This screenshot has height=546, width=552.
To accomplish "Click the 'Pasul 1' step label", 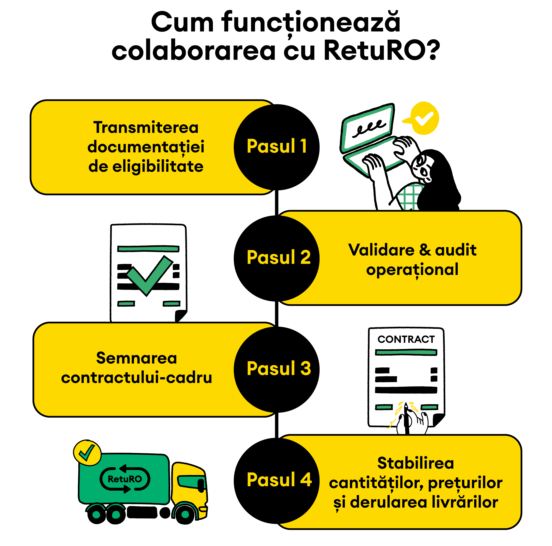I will click(277, 146).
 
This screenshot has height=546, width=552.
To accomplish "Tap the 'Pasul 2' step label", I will click(279, 257).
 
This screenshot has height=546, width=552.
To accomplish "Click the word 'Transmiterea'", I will click(146, 127).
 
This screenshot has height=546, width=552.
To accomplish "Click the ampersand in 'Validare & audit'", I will click(425, 250).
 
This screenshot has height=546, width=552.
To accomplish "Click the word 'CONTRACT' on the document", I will click(406, 339).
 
